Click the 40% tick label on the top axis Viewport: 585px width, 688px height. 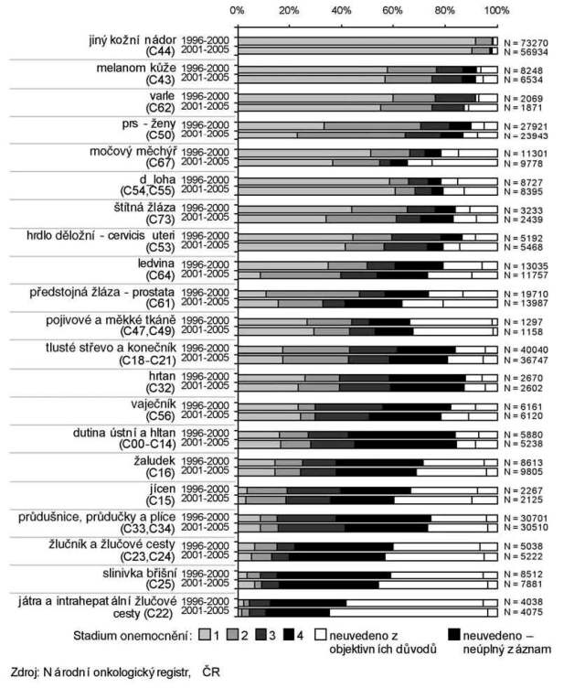click(x=341, y=10)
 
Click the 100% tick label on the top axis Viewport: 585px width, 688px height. click(x=496, y=10)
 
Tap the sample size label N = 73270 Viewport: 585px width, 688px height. click(x=526, y=42)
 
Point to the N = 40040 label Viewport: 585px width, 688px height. click(x=526, y=349)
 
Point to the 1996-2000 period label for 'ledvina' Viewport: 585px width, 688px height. click(x=207, y=265)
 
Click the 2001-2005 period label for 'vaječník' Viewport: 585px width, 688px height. click(x=207, y=415)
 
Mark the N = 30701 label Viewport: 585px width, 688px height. click(x=526, y=517)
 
